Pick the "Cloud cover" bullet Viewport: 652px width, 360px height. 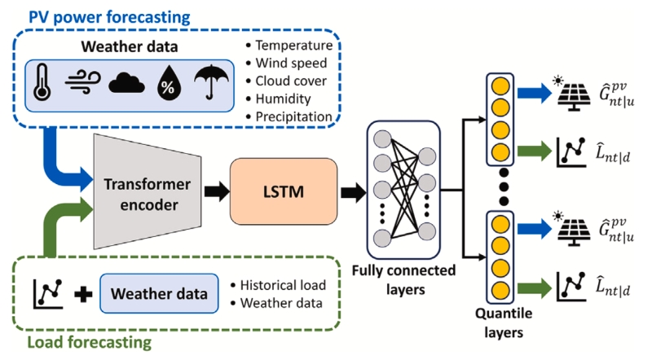click(291, 81)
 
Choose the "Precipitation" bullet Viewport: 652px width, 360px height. click(293, 116)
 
